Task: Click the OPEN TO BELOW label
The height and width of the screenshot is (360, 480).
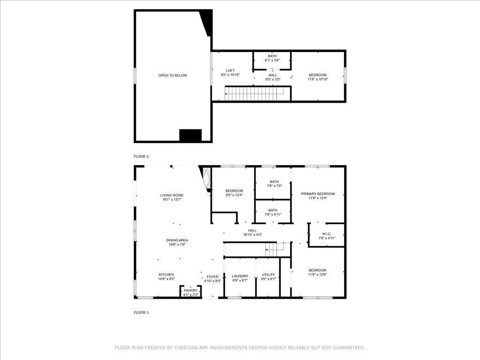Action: tap(172, 75)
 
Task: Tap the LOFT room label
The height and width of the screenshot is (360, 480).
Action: tap(230, 71)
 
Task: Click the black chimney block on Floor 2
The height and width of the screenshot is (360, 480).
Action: tap(190, 135)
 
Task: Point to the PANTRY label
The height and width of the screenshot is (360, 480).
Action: tap(190, 291)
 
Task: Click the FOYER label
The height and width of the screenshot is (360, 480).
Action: tap(212, 277)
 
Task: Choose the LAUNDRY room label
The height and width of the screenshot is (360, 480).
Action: tap(240, 276)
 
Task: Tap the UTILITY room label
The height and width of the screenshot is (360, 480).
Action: tap(269, 275)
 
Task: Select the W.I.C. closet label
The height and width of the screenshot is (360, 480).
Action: tap(327, 233)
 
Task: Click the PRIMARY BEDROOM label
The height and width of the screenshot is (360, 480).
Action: tap(318, 194)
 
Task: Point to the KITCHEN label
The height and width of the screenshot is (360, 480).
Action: tap(166, 275)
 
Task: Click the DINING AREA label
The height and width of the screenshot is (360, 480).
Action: tap(177, 240)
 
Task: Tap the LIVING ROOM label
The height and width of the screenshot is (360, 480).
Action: tap(172, 195)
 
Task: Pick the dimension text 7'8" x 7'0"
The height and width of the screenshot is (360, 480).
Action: tap(274, 186)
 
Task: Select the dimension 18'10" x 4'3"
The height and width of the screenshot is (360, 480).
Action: tap(252, 235)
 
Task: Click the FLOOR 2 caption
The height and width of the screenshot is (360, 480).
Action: tap(141, 157)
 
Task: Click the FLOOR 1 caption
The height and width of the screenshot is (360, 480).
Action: tap(141, 312)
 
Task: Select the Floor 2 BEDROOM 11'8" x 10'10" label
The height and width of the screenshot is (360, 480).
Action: tap(318, 75)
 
